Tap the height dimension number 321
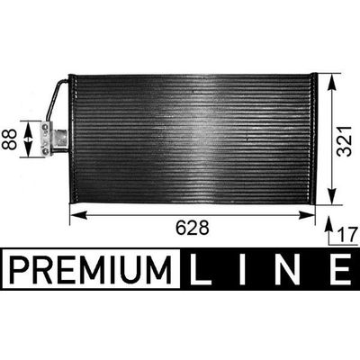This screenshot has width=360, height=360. pyautogui.click(x=343, y=139)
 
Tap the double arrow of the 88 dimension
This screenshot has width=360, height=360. pyautogui.click(x=31, y=139)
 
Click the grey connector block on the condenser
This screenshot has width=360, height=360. pyautogui.click(x=59, y=139)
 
